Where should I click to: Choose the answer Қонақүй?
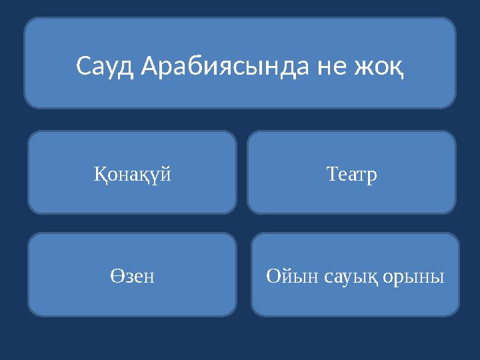[x=132, y=175]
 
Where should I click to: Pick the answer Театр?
[x=352, y=175]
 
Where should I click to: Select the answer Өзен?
[x=132, y=275]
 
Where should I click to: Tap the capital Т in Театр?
[x=332, y=174]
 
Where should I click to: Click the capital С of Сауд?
[x=83, y=66]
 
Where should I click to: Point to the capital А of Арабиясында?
[x=151, y=66]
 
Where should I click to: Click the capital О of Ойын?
[x=273, y=275]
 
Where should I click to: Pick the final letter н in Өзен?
[x=149, y=276]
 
